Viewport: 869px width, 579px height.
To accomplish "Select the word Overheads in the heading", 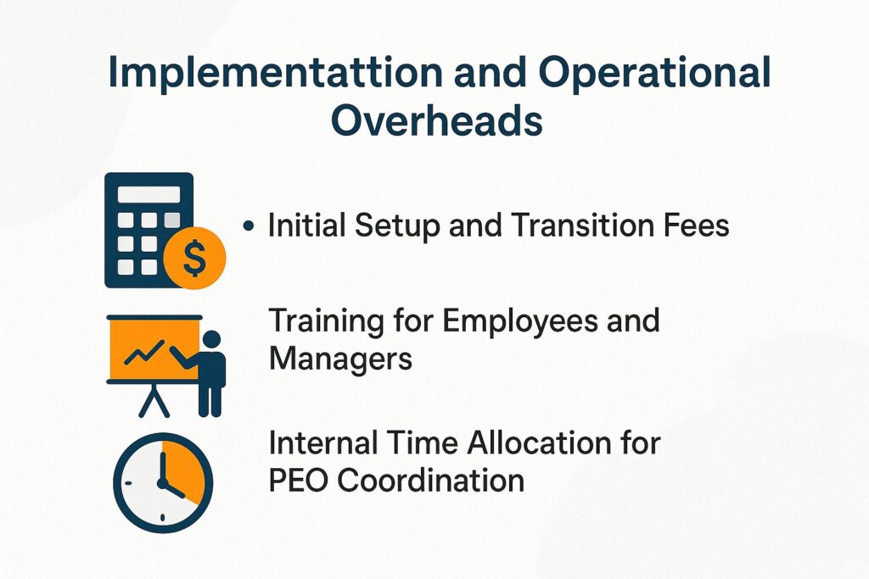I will (x=436, y=120).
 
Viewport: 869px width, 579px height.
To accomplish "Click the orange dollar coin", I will (x=195, y=260).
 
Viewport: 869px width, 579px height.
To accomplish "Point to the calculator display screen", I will (x=149, y=194).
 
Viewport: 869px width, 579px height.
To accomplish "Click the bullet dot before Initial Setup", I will (x=248, y=227).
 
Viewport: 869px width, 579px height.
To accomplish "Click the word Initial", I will (x=308, y=226).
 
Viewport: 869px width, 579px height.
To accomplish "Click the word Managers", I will (x=340, y=359).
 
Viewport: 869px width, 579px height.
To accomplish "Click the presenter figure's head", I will (x=210, y=340).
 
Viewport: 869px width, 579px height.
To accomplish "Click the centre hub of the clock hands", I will (x=161, y=482).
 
